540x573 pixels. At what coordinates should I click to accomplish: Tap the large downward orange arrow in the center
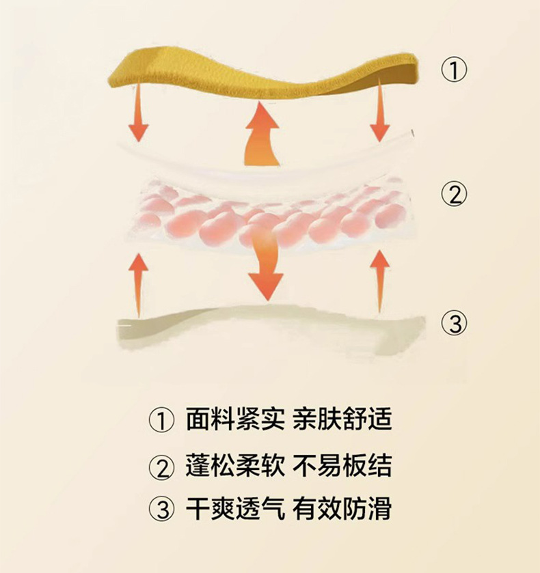coord(266,263)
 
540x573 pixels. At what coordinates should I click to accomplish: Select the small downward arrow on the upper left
coord(139,113)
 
